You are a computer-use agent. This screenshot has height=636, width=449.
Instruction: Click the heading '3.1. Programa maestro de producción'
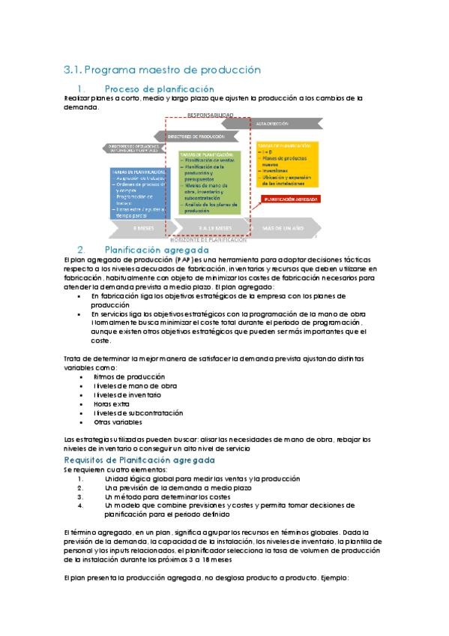point(162,70)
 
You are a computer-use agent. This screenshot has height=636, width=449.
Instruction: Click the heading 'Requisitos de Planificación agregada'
point(139,459)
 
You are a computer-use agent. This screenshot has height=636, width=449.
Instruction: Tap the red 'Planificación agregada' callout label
point(289,199)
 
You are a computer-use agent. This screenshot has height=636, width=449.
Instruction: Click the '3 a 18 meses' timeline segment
point(214,227)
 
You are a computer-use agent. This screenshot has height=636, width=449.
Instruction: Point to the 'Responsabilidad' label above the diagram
point(210,115)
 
